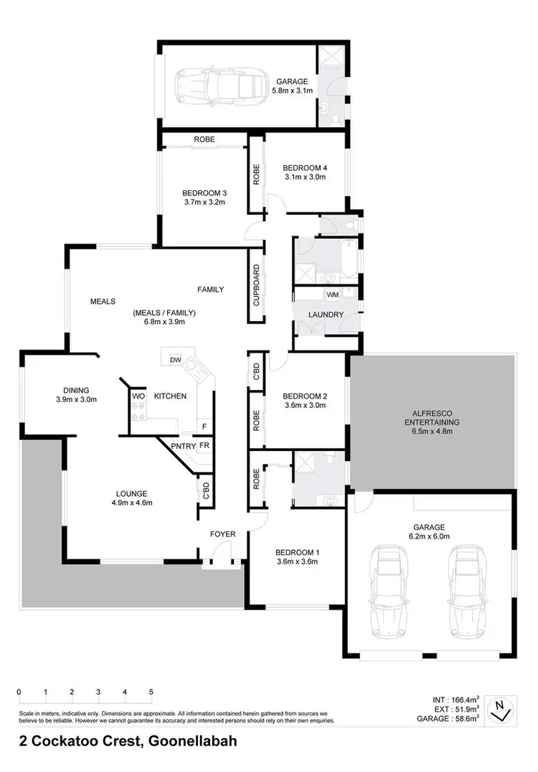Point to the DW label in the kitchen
174,360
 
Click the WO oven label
137,396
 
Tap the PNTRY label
184,446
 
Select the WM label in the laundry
332,294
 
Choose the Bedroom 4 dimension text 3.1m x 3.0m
304,177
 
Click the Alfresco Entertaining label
431,418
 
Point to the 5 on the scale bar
151,692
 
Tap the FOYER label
222,534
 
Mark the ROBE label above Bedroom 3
204,139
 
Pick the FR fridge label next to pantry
204,446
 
